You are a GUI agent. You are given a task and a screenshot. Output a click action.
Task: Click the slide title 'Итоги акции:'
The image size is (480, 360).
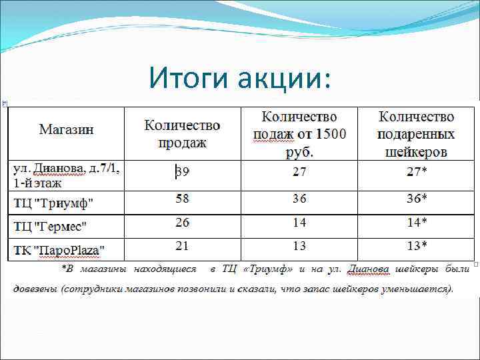[x=239, y=78]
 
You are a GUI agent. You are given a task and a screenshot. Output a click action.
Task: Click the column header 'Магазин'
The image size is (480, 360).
[x=67, y=129]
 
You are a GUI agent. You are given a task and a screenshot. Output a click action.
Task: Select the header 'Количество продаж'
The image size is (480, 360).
[x=182, y=133]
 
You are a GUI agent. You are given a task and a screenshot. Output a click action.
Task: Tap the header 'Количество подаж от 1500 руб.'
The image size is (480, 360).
[x=299, y=134]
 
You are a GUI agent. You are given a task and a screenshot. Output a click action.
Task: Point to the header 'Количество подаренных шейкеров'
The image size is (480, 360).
[x=416, y=134]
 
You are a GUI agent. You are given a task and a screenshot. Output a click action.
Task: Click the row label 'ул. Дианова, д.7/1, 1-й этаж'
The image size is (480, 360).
[x=66, y=175]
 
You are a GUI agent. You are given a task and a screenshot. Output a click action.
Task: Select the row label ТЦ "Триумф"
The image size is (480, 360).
[x=54, y=203]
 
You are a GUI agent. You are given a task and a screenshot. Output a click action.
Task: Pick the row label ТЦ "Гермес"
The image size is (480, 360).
[x=51, y=227]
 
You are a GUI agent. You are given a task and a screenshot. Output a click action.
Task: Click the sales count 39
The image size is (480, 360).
[x=182, y=172]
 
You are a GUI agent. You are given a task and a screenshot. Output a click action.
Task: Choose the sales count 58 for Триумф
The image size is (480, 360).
[x=182, y=199]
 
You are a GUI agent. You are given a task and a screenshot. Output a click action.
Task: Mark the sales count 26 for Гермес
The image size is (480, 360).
[x=182, y=222]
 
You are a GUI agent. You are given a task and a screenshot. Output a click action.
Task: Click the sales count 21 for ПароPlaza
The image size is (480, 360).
[x=182, y=246]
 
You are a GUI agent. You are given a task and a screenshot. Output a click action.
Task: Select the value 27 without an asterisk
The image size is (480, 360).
[x=299, y=172]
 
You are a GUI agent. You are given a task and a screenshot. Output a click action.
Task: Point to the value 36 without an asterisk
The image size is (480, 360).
[x=299, y=199]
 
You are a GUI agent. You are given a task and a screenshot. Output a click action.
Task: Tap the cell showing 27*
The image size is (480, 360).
[x=417, y=172]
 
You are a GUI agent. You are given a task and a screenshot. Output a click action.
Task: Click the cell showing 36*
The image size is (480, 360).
[x=417, y=199]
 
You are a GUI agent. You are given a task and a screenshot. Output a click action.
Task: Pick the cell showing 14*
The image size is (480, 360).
[x=417, y=222]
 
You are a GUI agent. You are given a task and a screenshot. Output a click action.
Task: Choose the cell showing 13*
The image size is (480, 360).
[x=417, y=246]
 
